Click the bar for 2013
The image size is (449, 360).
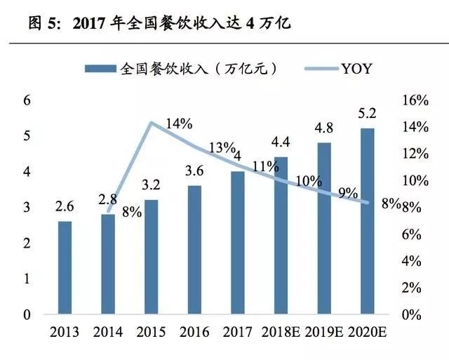coord(64,267)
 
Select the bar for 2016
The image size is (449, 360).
coord(195,250)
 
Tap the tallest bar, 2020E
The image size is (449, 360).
coord(367,221)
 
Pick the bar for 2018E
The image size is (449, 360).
coord(281,235)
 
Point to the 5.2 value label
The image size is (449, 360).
coord(367,114)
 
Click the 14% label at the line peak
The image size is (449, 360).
coord(179,124)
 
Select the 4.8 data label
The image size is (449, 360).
coord(324,129)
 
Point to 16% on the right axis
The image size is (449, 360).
coord(414,100)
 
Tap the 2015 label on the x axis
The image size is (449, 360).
coord(151,332)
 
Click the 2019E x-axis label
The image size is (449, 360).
coord(324,332)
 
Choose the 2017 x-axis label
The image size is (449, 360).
coord(237,332)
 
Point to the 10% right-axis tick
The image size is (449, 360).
coord(414,180)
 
